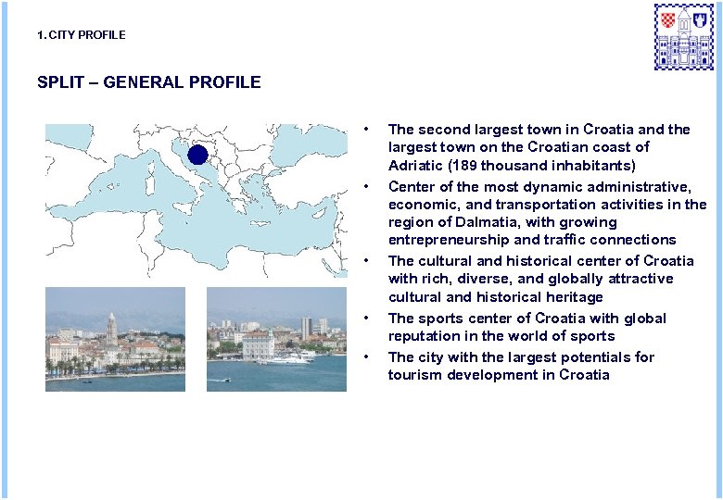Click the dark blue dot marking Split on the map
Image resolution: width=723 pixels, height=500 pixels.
(197, 154)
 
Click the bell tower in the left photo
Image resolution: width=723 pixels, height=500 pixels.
(111, 330)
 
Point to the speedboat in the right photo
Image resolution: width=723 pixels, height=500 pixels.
(225, 380)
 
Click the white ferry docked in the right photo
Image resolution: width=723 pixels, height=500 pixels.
(286, 357)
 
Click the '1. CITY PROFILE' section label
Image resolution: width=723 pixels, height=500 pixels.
(81, 35)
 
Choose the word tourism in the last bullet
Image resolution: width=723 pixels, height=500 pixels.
(414, 375)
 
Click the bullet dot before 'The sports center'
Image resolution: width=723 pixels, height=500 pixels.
(368, 319)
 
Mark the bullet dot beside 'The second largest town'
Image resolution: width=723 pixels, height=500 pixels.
(368, 129)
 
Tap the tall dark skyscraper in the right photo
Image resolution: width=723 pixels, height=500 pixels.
(306, 328)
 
